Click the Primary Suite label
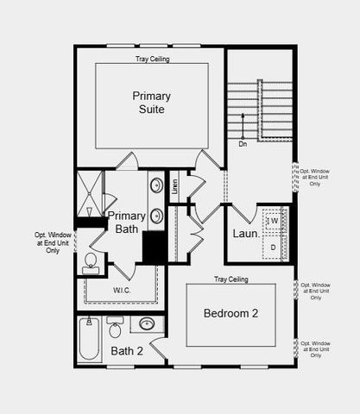coord(152,103)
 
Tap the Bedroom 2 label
coord(231,313)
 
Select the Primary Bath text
coord(126,222)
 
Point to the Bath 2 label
coord(127,350)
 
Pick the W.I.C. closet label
coord(122,290)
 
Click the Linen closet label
coord(175,186)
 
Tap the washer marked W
coord(275,221)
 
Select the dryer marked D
coord(275,248)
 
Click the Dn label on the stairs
coord(243,144)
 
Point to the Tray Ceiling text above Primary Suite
coord(152,60)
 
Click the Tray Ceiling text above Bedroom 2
coord(231,279)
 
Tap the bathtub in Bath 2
coord(89,341)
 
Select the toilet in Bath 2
coord(115,328)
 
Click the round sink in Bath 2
coord(148,324)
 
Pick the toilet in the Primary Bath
coord(91,262)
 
